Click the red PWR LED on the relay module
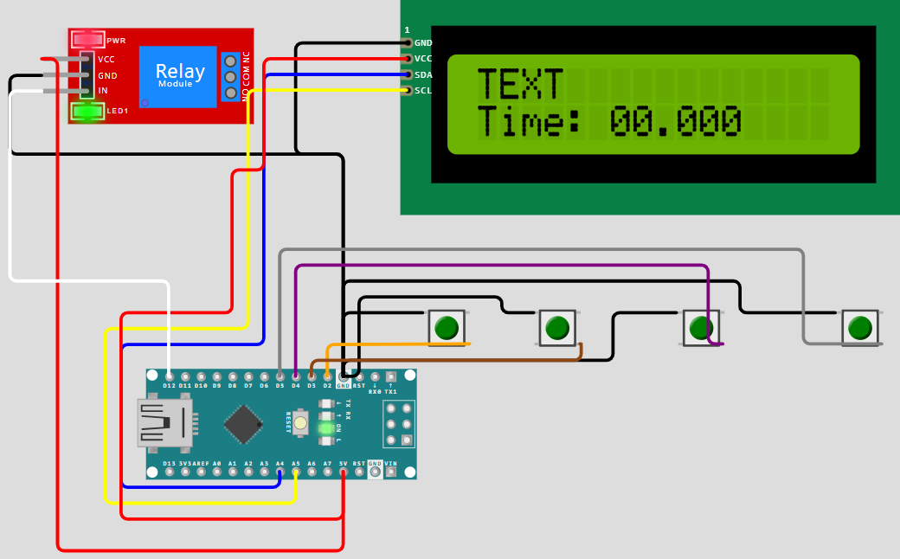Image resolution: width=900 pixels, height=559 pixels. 88,40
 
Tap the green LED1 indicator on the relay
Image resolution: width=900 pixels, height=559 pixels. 87,111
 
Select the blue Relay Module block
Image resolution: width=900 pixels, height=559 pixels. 177,77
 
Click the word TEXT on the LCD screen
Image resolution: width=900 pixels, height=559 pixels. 520,85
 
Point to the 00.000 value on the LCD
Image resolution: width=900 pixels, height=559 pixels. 675,122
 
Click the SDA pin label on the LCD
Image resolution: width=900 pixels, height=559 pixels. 423,74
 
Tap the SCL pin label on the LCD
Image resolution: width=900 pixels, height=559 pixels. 423,90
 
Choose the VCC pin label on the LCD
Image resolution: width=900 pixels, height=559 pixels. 423,59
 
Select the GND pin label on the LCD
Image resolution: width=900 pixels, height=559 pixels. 423,42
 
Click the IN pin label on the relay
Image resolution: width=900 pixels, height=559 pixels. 103,91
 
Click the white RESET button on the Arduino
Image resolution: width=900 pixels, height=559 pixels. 300,423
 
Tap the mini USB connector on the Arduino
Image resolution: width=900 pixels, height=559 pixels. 164,423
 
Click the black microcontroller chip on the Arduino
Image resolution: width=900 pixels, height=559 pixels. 243,424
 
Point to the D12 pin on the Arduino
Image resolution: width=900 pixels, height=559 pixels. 169,376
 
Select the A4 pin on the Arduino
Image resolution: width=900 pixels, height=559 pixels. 280,472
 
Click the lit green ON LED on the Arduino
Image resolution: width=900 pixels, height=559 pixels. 326,428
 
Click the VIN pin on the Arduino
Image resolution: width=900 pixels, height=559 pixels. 390,472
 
